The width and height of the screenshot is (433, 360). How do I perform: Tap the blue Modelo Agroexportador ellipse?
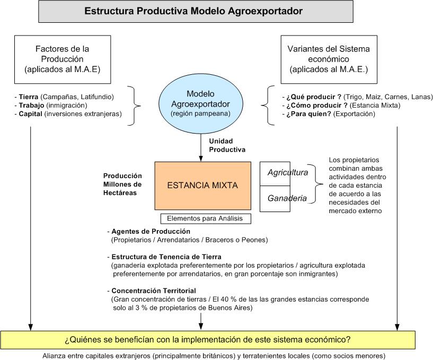pyautogui.click(x=200, y=104)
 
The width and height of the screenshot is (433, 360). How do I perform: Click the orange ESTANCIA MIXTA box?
pyautogui.click(x=202, y=186)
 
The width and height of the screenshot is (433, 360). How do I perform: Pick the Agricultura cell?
pyautogui.click(x=287, y=173)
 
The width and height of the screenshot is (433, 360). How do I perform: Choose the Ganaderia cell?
pyautogui.click(x=287, y=198)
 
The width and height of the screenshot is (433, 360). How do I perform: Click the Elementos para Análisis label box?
pyautogui.click(x=206, y=218)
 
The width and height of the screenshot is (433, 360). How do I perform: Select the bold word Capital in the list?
pyautogui.click(x=30, y=113)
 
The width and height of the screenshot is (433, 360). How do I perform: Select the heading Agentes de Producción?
pyautogui.click(x=151, y=232)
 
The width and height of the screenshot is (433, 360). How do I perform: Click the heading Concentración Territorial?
pyautogui.click(x=154, y=291)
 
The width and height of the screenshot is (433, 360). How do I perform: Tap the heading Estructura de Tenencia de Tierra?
pyautogui.click(x=166, y=257)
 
